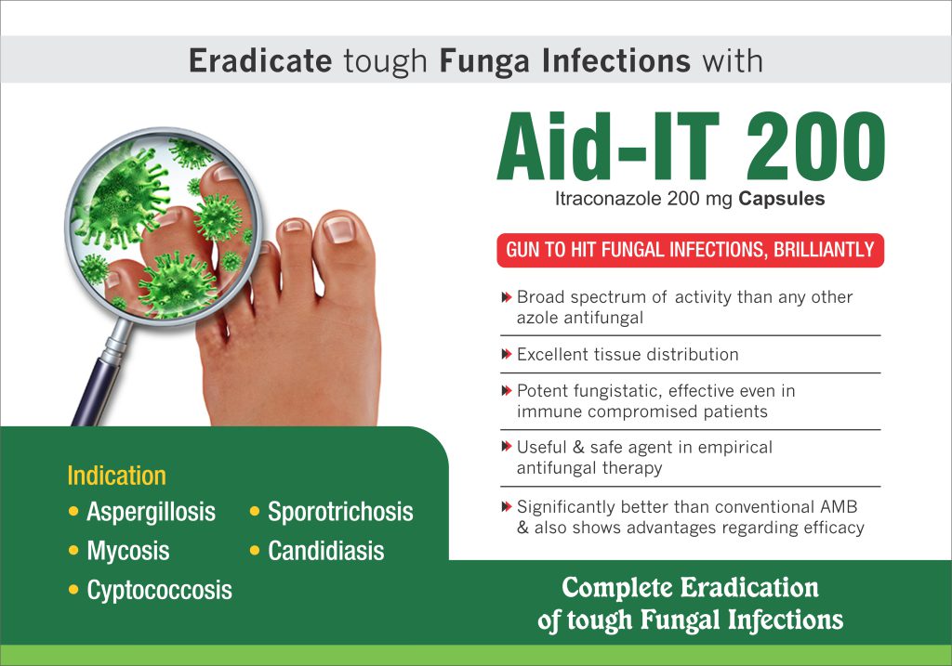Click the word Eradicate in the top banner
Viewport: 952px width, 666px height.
[260, 60]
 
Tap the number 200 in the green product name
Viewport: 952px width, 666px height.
[815, 147]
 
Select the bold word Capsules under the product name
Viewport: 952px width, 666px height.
[781, 199]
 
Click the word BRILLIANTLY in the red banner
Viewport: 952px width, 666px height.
[824, 250]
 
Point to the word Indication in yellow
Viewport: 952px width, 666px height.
[116, 476]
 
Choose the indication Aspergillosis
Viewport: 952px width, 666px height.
[152, 512]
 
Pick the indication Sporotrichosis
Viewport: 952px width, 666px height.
[340, 512]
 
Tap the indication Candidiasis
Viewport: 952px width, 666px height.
[326, 551]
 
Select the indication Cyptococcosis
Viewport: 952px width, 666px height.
[159, 590]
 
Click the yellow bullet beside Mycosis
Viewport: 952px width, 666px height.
[73, 551]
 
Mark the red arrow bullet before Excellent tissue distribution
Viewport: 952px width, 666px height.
[507, 354]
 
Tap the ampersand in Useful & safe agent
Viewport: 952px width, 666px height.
[578, 448]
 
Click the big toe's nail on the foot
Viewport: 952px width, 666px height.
[338, 229]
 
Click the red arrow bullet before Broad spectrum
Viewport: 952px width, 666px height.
[507, 297]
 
